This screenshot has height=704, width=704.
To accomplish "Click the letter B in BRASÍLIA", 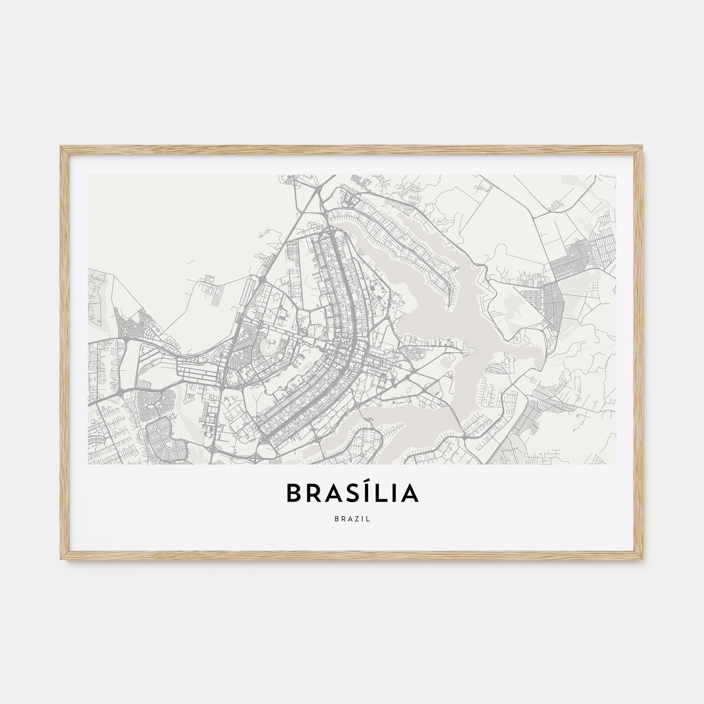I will (294, 493).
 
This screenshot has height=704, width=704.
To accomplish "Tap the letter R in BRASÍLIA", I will (315, 493).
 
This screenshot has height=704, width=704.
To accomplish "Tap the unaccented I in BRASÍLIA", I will (396, 493).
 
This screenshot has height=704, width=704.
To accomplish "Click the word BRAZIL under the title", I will (352, 519).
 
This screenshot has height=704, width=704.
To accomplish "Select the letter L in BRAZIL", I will (369, 519).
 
